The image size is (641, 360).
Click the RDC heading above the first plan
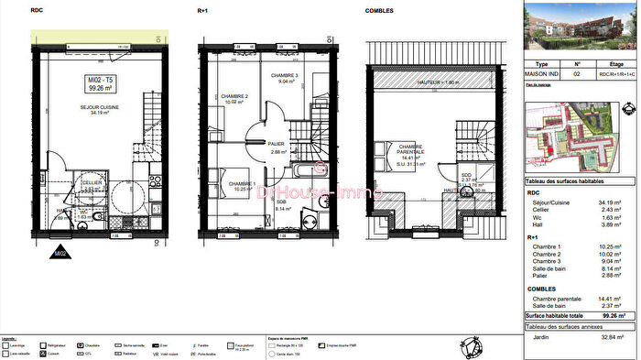(x=37, y=10)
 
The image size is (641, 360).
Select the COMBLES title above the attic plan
(x=379, y=10)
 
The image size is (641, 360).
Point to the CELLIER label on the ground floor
(x=92, y=182)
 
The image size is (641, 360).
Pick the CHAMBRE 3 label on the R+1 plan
(x=285, y=77)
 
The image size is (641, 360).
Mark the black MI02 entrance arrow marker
(x=60, y=252)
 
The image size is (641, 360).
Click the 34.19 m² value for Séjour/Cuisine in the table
(x=611, y=202)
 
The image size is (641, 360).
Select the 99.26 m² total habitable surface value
(x=611, y=314)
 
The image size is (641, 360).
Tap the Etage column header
(x=611, y=65)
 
